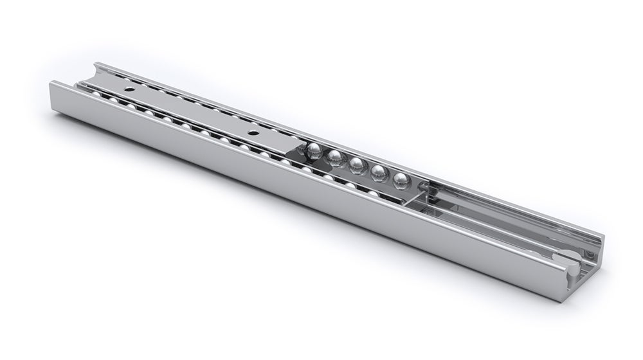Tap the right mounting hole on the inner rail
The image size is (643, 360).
tap(256, 133)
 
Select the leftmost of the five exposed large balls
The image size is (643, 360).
tap(313, 150)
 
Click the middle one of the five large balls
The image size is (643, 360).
tap(357, 165)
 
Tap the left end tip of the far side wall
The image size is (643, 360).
tap(96, 65)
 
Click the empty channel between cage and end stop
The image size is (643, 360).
tap(495, 225)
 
